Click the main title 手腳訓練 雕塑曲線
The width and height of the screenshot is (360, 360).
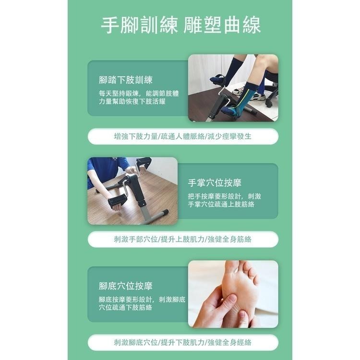click(181, 25)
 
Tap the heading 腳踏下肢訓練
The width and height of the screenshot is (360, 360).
click(125, 80)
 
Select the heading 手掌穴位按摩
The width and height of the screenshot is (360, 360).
click(215, 183)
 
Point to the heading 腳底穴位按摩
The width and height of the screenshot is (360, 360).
click(125, 286)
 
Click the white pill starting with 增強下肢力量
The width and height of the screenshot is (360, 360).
click(182, 136)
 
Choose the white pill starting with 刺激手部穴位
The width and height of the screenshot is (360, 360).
click(182, 239)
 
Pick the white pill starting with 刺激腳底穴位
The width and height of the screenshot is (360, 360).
click(182, 342)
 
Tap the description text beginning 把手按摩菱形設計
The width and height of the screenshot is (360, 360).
click(225, 200)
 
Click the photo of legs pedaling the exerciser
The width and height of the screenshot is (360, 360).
click(233, 87)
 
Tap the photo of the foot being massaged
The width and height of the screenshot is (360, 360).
click(233, 294)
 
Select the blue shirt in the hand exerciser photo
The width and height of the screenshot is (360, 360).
click(103, 170)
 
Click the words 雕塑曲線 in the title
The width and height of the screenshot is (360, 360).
click(222, 25)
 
